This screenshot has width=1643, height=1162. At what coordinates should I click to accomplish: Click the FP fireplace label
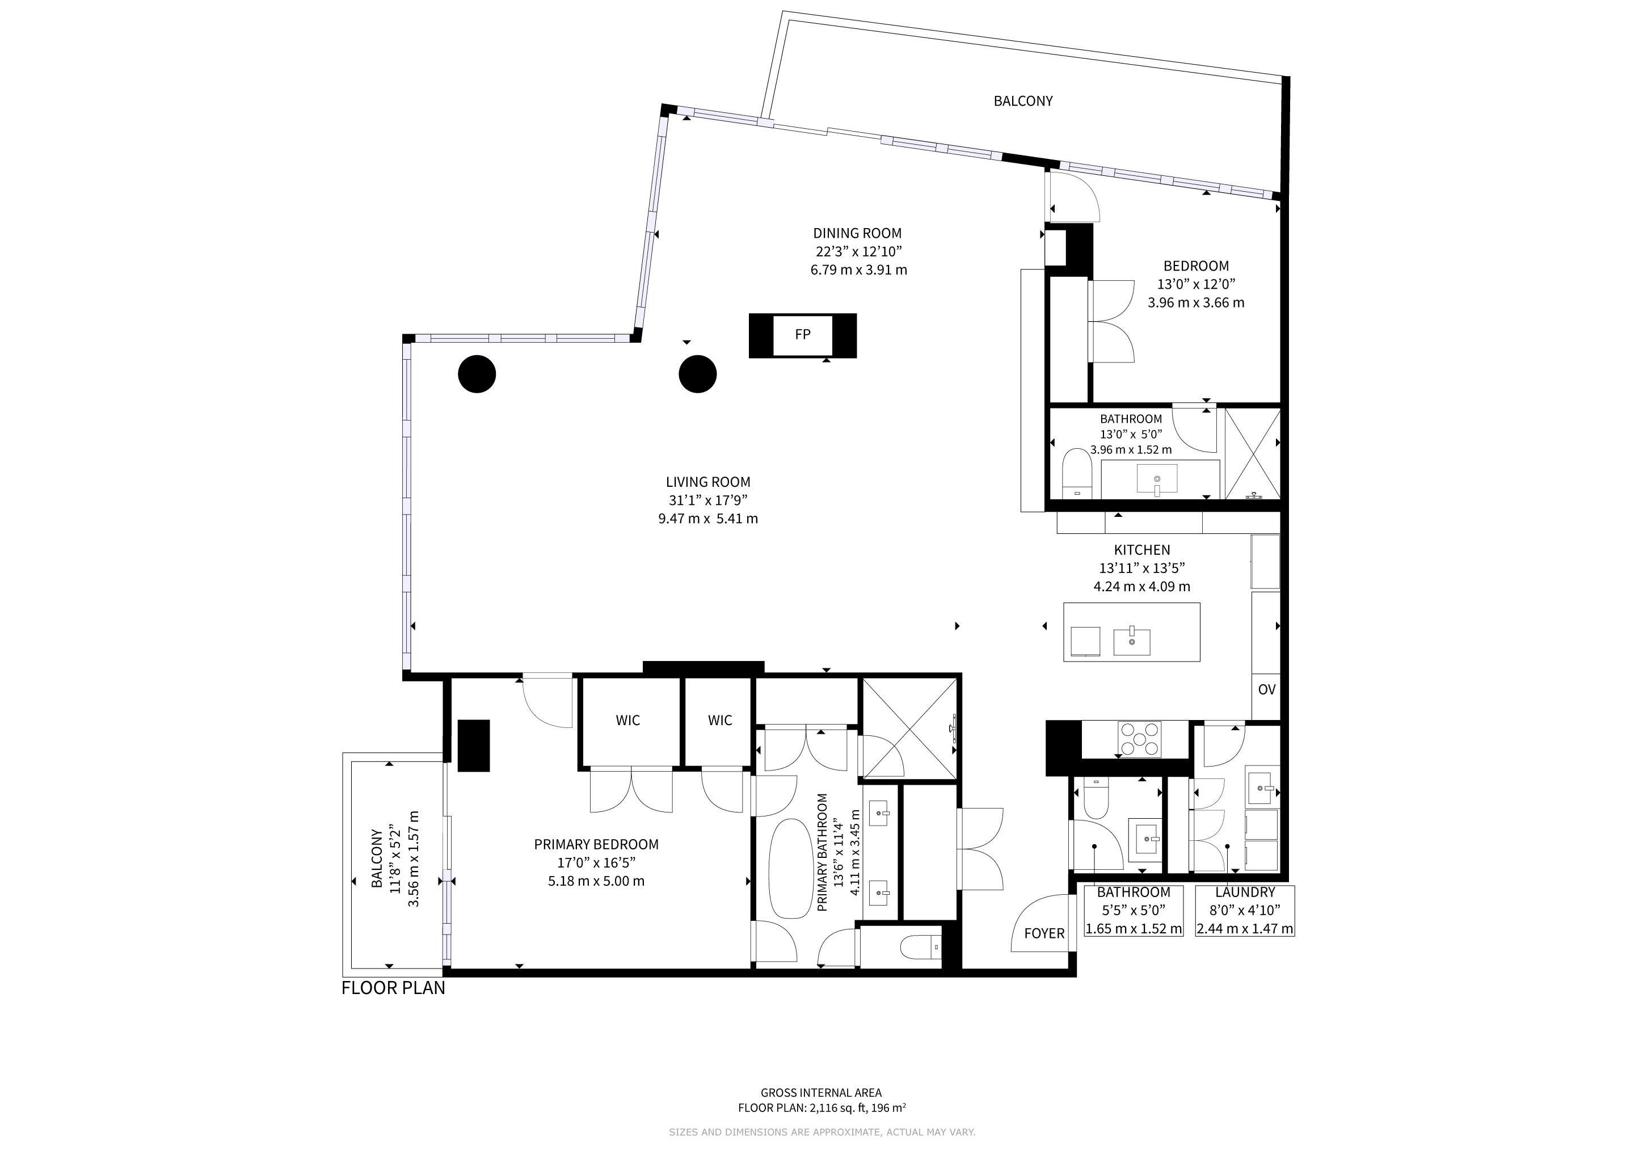(x=802, y=334)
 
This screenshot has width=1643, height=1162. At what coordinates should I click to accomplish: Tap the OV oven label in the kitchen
(x=1267, y=690)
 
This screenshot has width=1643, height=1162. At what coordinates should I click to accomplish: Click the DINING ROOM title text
(x=857, y=233)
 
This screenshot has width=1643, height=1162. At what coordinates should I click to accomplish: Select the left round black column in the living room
(x=477, y=374)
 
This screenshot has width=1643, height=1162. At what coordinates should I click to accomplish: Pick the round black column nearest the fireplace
(x=697, y=374)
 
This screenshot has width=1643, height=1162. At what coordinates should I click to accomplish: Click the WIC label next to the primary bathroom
(x=720, y=721)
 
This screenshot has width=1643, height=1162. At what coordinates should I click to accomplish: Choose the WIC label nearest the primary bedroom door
(x=627, y=721)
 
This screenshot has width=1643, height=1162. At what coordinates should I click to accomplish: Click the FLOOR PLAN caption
(x=394, y=988)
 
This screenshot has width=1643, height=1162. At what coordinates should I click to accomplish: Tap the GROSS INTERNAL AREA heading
(x=821, y=1093)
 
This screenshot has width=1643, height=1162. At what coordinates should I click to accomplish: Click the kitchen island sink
(x=1132, y=641)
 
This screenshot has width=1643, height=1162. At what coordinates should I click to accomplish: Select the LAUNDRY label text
(x=1245, y=892)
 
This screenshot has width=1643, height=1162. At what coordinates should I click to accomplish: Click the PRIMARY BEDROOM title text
(x=596, y=844)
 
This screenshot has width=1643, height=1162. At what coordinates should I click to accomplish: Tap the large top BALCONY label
(x=1023, y=101)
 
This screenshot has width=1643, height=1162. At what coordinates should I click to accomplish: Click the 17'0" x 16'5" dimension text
(x=596, y=863)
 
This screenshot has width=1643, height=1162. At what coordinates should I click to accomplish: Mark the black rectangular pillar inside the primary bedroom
(x=473, y=746)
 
